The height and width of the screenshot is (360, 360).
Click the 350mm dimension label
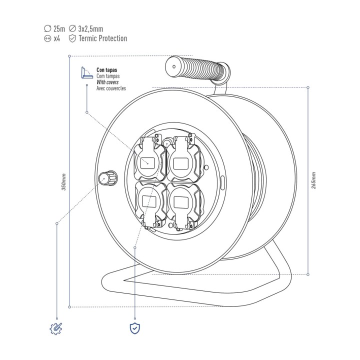pos(64,182)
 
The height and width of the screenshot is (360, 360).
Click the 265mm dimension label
pos(313,180)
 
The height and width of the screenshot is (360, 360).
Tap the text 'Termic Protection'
pos(103,38)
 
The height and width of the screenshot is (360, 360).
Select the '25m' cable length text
pos(59,28)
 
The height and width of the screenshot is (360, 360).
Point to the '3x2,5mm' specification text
pos(90,29)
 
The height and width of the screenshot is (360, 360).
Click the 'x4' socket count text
pos(56,38)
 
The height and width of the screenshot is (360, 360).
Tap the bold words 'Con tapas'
pos(107,70)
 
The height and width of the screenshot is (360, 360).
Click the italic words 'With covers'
pos(107,82)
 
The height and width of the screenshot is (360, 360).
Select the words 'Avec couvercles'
pos(111,88)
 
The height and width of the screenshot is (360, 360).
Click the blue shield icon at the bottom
pos(135,328)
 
